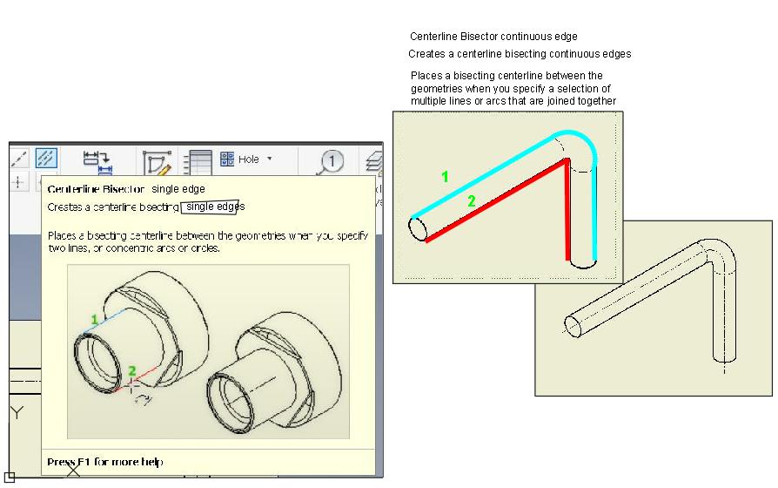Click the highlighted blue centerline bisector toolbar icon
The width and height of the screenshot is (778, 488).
pos(46,158)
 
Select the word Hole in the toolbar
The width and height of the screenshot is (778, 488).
pos(249,159)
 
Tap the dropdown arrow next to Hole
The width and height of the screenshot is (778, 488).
pos(270,159)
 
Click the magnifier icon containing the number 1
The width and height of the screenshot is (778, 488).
pos(331,161)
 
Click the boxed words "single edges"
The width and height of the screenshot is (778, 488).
pos(213,207)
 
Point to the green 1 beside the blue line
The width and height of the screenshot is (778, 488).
pos(94,320)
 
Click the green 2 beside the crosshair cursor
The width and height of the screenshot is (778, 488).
pos(131,370)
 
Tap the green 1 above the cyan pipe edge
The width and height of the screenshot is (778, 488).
pos(445,176)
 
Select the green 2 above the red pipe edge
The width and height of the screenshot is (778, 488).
pos(472,201)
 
